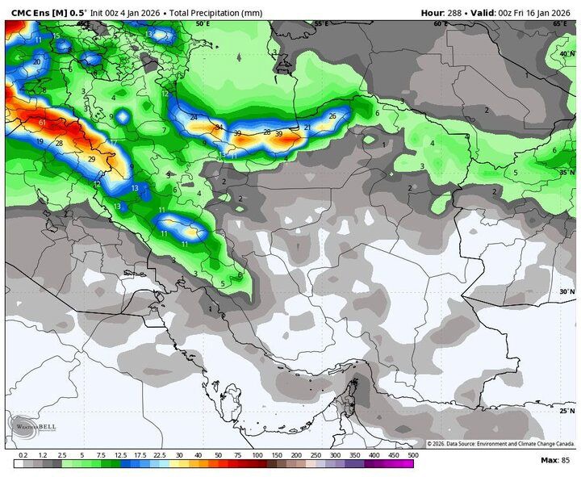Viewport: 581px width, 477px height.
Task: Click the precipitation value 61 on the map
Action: (42, 123)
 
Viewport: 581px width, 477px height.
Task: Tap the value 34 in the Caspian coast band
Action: (218, 128)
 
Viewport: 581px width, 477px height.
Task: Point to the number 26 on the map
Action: (332, 116)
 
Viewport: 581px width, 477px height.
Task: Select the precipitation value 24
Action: (194, 118)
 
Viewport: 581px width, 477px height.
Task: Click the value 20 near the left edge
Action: (37, 62)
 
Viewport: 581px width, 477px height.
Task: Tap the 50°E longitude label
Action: (203, 24)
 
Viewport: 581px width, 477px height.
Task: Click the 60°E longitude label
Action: (441, 24)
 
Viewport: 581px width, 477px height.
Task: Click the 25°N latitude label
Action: (566, 411)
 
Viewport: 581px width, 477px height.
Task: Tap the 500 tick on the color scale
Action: (413, 456)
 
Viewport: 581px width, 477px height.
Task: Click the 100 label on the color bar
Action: (257, 456)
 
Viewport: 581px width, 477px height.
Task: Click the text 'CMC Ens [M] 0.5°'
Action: (48, 12)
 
